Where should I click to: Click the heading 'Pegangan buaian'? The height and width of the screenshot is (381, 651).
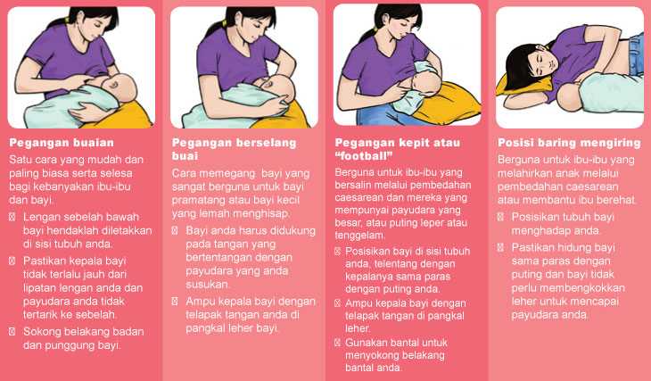tap(62, 143)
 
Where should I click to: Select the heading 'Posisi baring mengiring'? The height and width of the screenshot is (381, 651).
tap(569, 143)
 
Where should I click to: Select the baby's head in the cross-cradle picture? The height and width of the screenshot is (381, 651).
tap(279, 88)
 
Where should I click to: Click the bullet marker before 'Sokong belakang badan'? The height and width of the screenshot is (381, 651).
tap(12, 331)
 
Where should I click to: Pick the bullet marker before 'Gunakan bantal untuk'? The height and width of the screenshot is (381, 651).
tap(338, 343)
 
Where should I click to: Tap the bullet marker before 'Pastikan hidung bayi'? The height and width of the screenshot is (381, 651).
tap(500, 248)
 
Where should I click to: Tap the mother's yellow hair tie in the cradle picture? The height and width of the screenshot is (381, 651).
tap(66, 20)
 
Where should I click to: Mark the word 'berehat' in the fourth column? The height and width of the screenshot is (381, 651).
tap(618, 200)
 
